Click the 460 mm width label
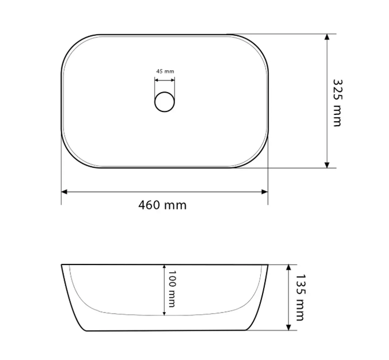tap(162, 205)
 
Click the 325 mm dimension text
tap(338, 103)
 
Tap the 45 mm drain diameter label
tap(165, 71)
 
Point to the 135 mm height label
tap(300, 297)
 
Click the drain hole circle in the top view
tap(165, 102)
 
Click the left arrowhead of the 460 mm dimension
tap(64, 192)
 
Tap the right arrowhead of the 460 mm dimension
tap(265, 192)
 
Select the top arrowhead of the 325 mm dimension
tap(327, 37)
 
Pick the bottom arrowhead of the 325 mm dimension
tap(327, 165)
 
